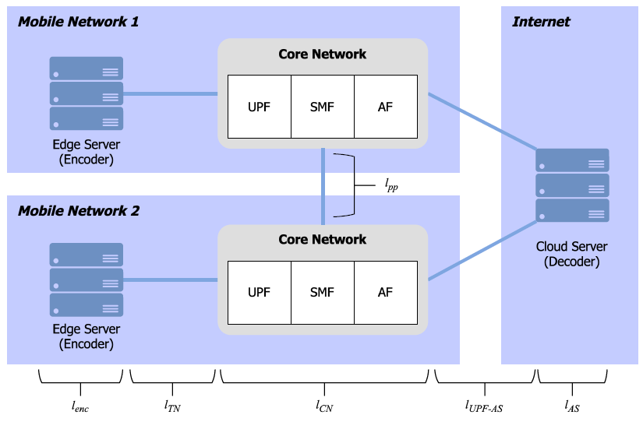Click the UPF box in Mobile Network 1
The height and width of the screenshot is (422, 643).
(259, 107)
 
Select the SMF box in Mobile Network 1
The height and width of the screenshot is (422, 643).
(322, 107)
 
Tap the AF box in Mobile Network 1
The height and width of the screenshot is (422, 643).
(385, 107)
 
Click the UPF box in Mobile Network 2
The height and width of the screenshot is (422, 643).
(259, 292)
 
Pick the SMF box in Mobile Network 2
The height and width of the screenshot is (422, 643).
(322, 292)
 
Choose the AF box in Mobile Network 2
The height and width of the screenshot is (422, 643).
(385, 292)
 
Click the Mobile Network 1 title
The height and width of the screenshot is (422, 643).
(78, 22)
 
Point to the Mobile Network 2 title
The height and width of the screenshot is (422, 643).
(78, 211)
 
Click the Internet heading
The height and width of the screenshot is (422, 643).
(541, 22)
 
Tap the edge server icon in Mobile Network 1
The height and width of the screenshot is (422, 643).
(87, 93)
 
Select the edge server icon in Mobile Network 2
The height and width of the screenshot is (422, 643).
(87, 280)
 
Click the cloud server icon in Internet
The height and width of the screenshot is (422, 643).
(572, 185)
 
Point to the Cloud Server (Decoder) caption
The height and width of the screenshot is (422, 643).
(571, 254)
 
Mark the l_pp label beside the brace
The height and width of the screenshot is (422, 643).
(391, 185)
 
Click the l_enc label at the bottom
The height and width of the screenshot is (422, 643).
(81, 406)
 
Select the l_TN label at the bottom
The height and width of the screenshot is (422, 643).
(172, 406)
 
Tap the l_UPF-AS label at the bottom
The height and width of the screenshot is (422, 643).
(485, 406)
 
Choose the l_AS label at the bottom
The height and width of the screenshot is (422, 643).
(571, 406)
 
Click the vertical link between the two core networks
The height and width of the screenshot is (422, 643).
(323, 187)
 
